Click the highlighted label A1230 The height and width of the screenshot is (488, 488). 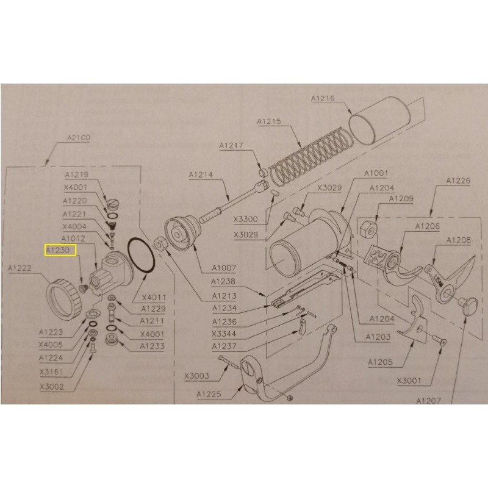click(59, 250)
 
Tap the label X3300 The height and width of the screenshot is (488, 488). click(245, 219)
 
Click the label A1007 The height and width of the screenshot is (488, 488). click(224, 268)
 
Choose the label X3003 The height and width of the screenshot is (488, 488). click(197, 376)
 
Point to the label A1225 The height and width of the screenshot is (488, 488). click(209, 394)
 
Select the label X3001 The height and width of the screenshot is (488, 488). click(411, 382)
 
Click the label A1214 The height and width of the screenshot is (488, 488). click(201, 175)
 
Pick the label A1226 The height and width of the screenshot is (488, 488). click(457, 181)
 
